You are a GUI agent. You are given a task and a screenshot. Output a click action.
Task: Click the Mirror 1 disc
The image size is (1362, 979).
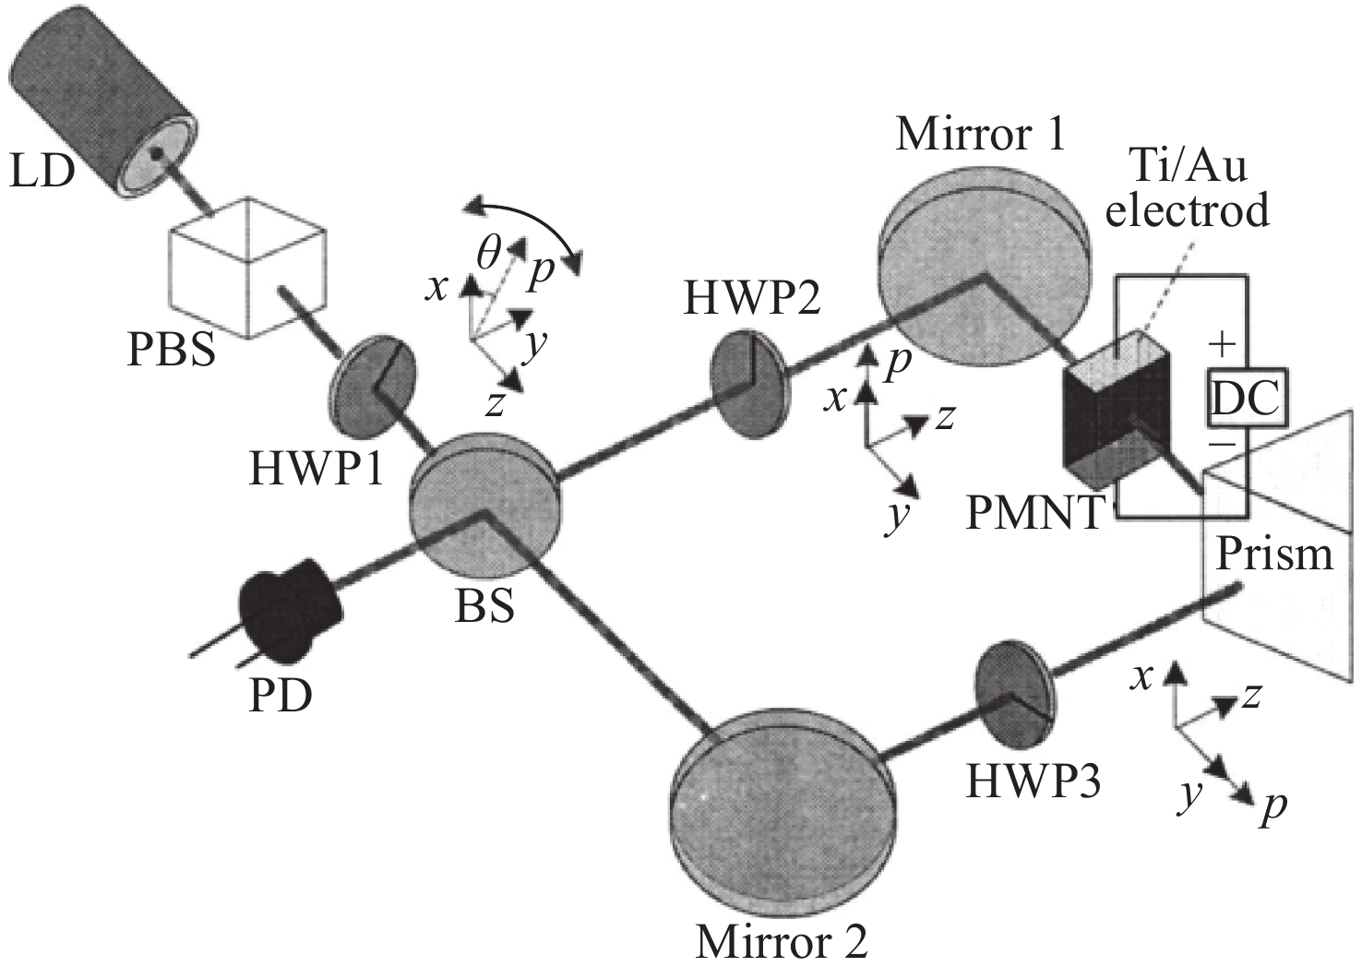pos(983,259)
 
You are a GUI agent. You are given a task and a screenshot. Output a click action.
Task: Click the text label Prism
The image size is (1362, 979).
pos(1274,555)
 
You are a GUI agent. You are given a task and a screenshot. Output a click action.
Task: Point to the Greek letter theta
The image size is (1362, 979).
pos(490,250)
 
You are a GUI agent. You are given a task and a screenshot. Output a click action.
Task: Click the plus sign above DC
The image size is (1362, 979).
pos(1222,345)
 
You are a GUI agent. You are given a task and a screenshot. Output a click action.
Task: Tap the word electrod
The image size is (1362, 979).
pos(1188,210)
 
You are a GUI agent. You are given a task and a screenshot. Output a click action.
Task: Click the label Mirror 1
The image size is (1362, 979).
pos(980,134)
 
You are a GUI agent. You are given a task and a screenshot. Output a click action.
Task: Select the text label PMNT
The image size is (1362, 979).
pos(1034,512)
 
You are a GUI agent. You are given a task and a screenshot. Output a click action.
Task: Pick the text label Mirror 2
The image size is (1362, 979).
pos(782,942)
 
